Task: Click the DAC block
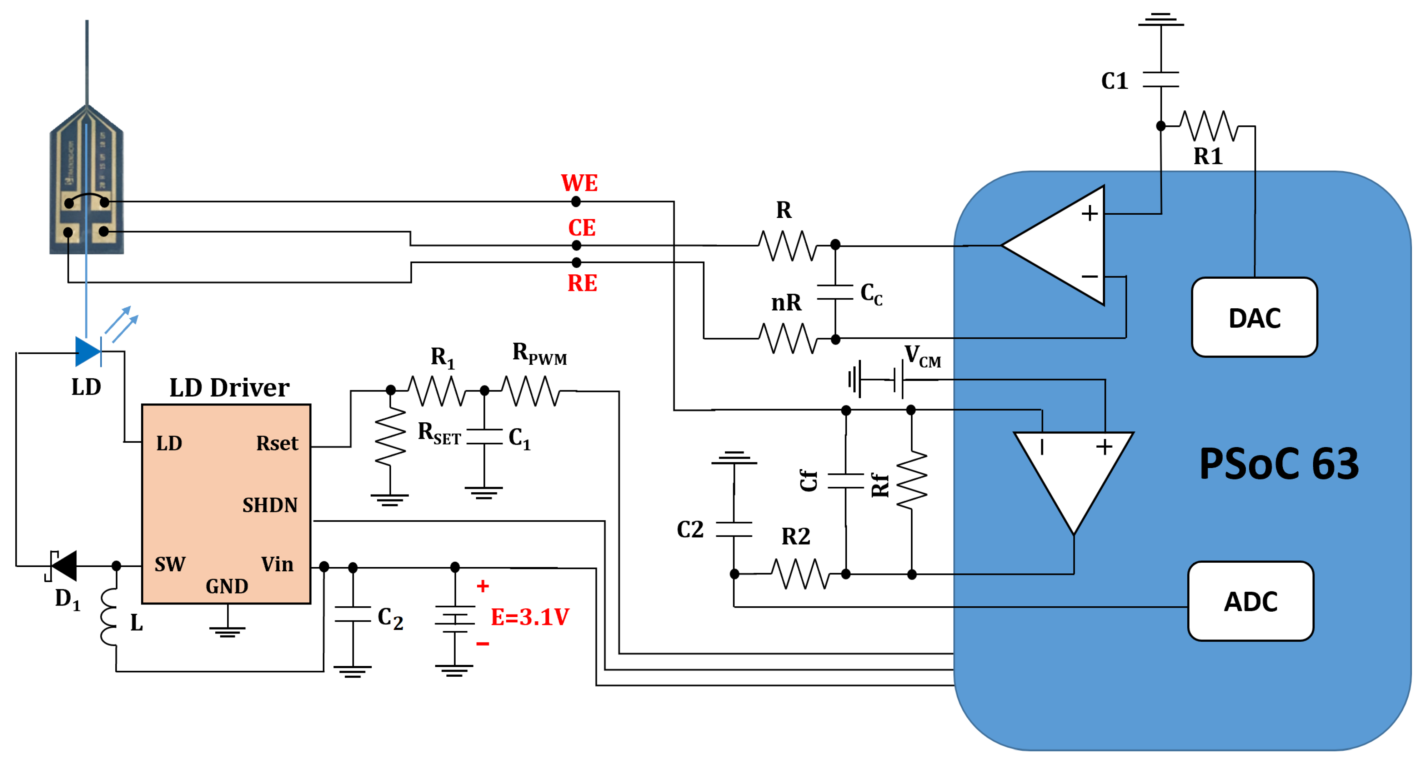click(1254, 317)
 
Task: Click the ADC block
click(1251, 601)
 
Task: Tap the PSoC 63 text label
click(1278, 464)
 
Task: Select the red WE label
click(579, 183)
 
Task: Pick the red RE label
click(582, 283)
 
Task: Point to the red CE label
click(581, 228)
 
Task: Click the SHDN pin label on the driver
click(270, 505)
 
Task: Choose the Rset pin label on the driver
click(277, 443)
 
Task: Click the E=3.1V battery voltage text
click(530, 617)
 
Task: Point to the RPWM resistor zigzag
click(531, 391)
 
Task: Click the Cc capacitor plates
click(835, 292)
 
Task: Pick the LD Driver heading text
click(229, 387)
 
